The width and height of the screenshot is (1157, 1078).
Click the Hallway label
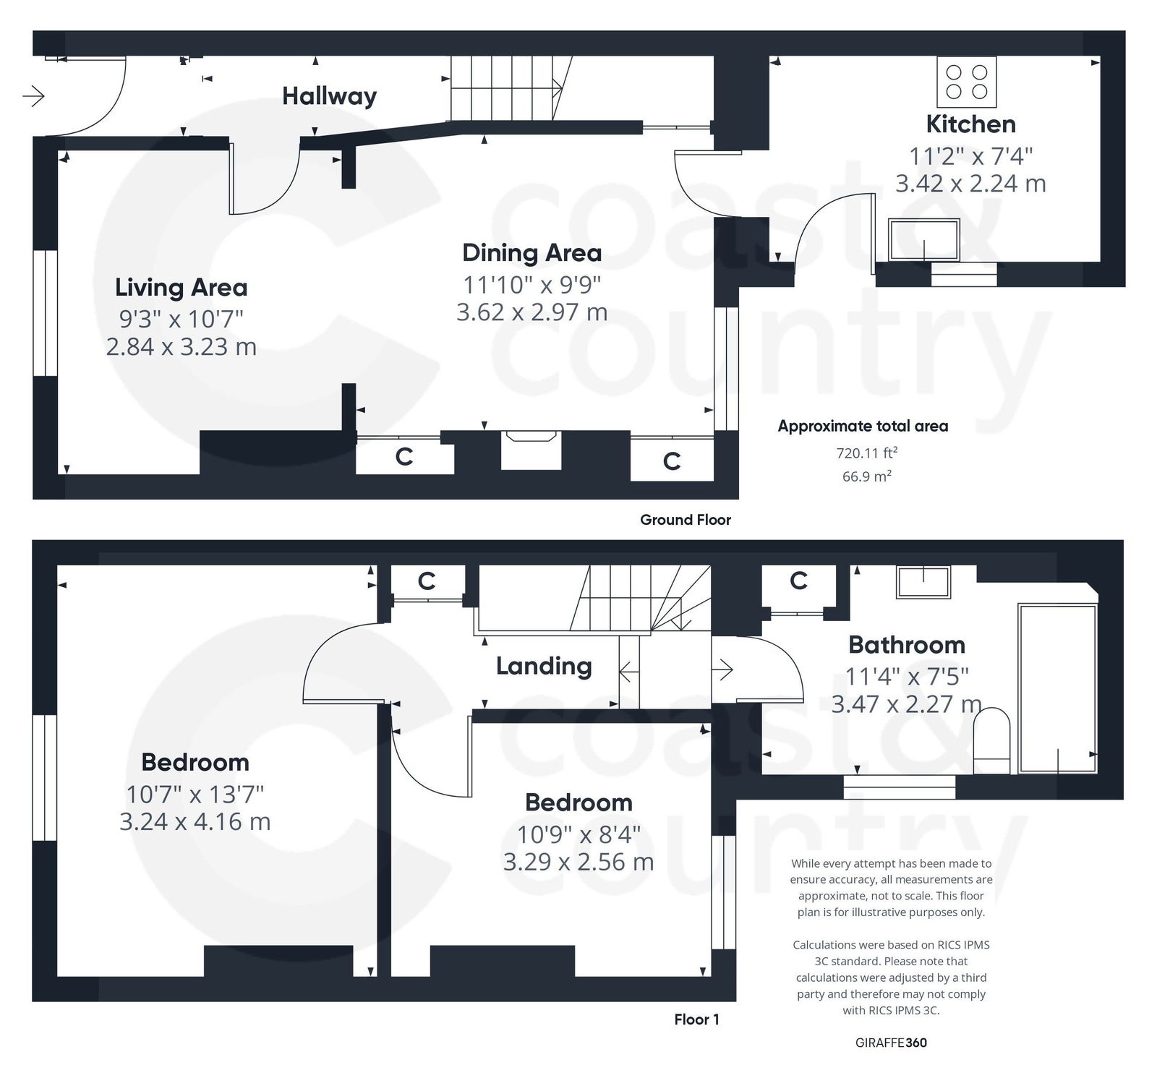329,96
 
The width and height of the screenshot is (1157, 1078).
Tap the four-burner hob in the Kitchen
967,82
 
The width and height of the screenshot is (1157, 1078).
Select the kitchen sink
924,240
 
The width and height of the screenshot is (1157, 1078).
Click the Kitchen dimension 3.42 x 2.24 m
970,184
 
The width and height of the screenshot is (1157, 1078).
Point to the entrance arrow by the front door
34,95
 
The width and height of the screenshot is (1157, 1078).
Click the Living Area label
181,288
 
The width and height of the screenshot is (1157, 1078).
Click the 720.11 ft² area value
866,453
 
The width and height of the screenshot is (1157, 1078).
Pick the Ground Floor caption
685,520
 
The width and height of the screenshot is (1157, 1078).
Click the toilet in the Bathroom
991,741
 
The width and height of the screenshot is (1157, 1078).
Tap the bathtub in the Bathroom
1057,688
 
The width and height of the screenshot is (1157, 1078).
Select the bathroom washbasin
923,581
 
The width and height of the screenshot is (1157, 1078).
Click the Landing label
544,666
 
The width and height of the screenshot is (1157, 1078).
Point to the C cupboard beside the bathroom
798,581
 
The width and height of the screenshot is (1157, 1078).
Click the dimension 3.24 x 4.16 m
195,822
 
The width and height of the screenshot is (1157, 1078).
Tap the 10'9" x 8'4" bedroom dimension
578,835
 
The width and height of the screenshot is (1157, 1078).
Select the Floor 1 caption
696,1019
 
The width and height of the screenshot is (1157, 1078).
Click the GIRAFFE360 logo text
891,1043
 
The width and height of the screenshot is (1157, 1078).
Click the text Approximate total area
863,427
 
